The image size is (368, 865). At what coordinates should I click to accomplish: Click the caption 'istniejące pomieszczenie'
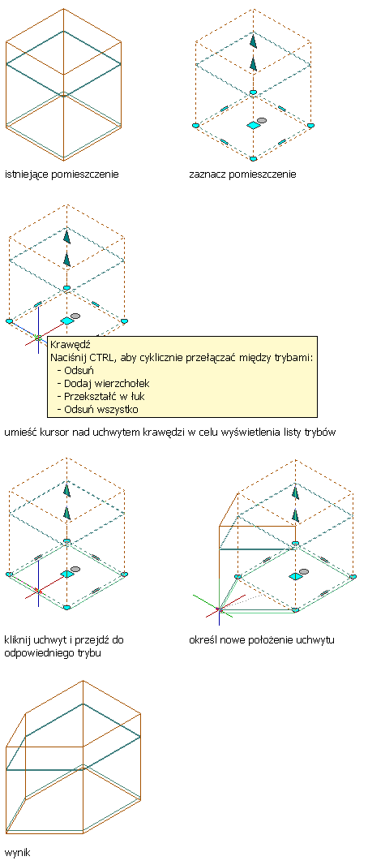coord(62,175)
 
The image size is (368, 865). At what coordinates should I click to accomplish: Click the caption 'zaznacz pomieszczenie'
coord(242,175)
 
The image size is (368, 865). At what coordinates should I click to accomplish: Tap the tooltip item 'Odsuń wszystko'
coord(100,409)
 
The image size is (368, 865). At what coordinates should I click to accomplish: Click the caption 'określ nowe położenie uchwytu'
coord(262,640)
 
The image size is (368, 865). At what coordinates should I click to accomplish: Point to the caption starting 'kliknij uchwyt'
coord(64,647)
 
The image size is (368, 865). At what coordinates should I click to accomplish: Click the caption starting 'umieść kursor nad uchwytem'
coord(169,432)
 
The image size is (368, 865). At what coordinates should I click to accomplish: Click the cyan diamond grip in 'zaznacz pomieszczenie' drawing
coord(253,126)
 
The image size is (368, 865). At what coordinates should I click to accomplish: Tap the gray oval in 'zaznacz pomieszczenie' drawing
coord(263,120)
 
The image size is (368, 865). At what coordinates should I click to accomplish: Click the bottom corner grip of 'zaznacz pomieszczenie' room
coord(253,159)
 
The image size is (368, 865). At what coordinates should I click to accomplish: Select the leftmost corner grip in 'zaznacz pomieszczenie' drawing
coord(195,126)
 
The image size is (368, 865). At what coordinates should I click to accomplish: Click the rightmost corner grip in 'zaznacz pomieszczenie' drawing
coord(310,126)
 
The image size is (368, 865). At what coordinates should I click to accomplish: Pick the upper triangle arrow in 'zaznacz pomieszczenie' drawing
coord(253,41)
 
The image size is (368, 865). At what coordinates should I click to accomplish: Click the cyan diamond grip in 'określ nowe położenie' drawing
coord(295,576)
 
